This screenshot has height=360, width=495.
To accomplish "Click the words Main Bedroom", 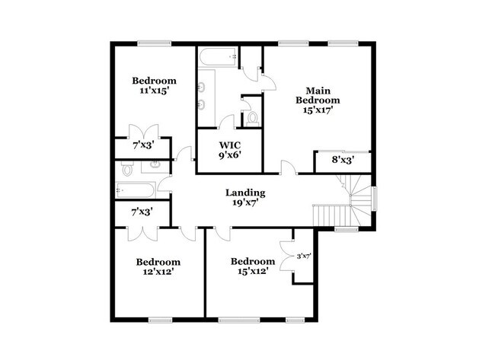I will click(318, 94).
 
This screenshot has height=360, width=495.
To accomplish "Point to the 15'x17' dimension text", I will click(318, 110).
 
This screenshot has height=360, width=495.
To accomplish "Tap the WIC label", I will click(230, 145).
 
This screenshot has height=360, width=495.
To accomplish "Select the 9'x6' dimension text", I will click(230, 156).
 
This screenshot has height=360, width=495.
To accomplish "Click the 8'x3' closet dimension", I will click(343, 161).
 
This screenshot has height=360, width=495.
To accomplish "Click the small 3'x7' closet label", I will click(303, 256).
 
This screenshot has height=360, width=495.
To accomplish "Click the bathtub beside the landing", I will click(136, 190).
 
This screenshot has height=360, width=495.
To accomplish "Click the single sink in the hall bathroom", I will click(154, 165).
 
